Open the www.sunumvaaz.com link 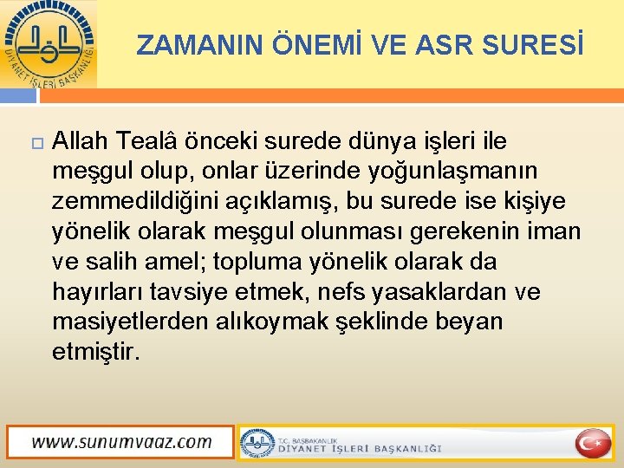[x=121, y=442]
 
